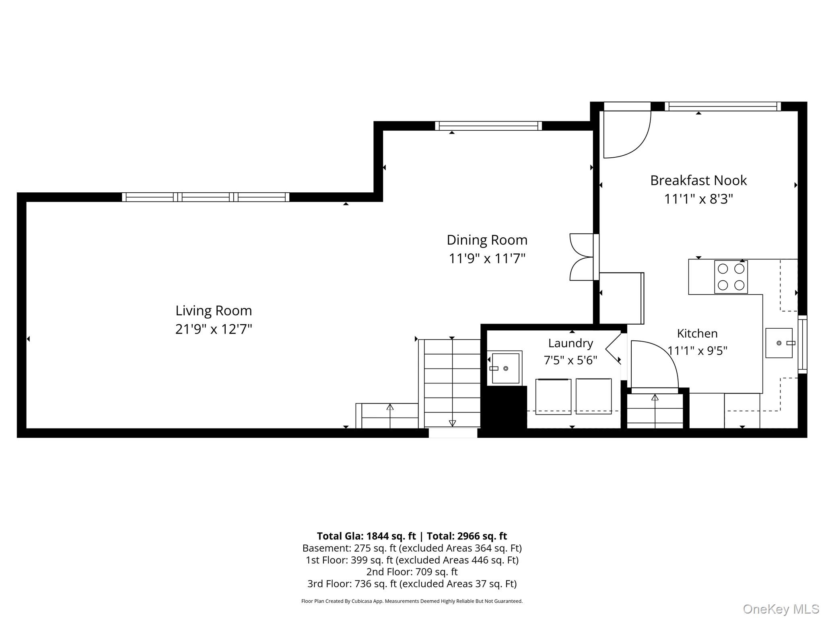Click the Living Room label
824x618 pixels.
tap(214, 311)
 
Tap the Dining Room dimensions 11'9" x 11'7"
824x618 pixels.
tap(487, 258)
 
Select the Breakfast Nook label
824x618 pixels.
tap(698, 180)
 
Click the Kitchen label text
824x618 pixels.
tap(697, 333)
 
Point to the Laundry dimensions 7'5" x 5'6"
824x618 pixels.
tap(571, 360)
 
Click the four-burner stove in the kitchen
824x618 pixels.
tap(731, 277)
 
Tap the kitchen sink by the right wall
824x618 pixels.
tap(779, 343)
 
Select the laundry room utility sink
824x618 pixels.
tap(505, 368)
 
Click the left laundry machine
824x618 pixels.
tap(553, 396)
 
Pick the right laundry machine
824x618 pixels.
tap(593, 396)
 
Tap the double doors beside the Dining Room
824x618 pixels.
tap(582, 257)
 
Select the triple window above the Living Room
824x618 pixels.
tap(206, 197)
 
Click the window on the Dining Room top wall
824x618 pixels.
tap(488, 126)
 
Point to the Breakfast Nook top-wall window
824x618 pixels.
tap(723, 106)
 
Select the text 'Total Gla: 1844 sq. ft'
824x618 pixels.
tap(366, 536)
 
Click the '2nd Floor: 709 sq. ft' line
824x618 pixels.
tap(412, 571)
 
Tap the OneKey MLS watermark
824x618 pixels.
tap(781, 610)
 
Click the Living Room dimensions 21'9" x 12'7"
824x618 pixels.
tap(214, 329)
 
